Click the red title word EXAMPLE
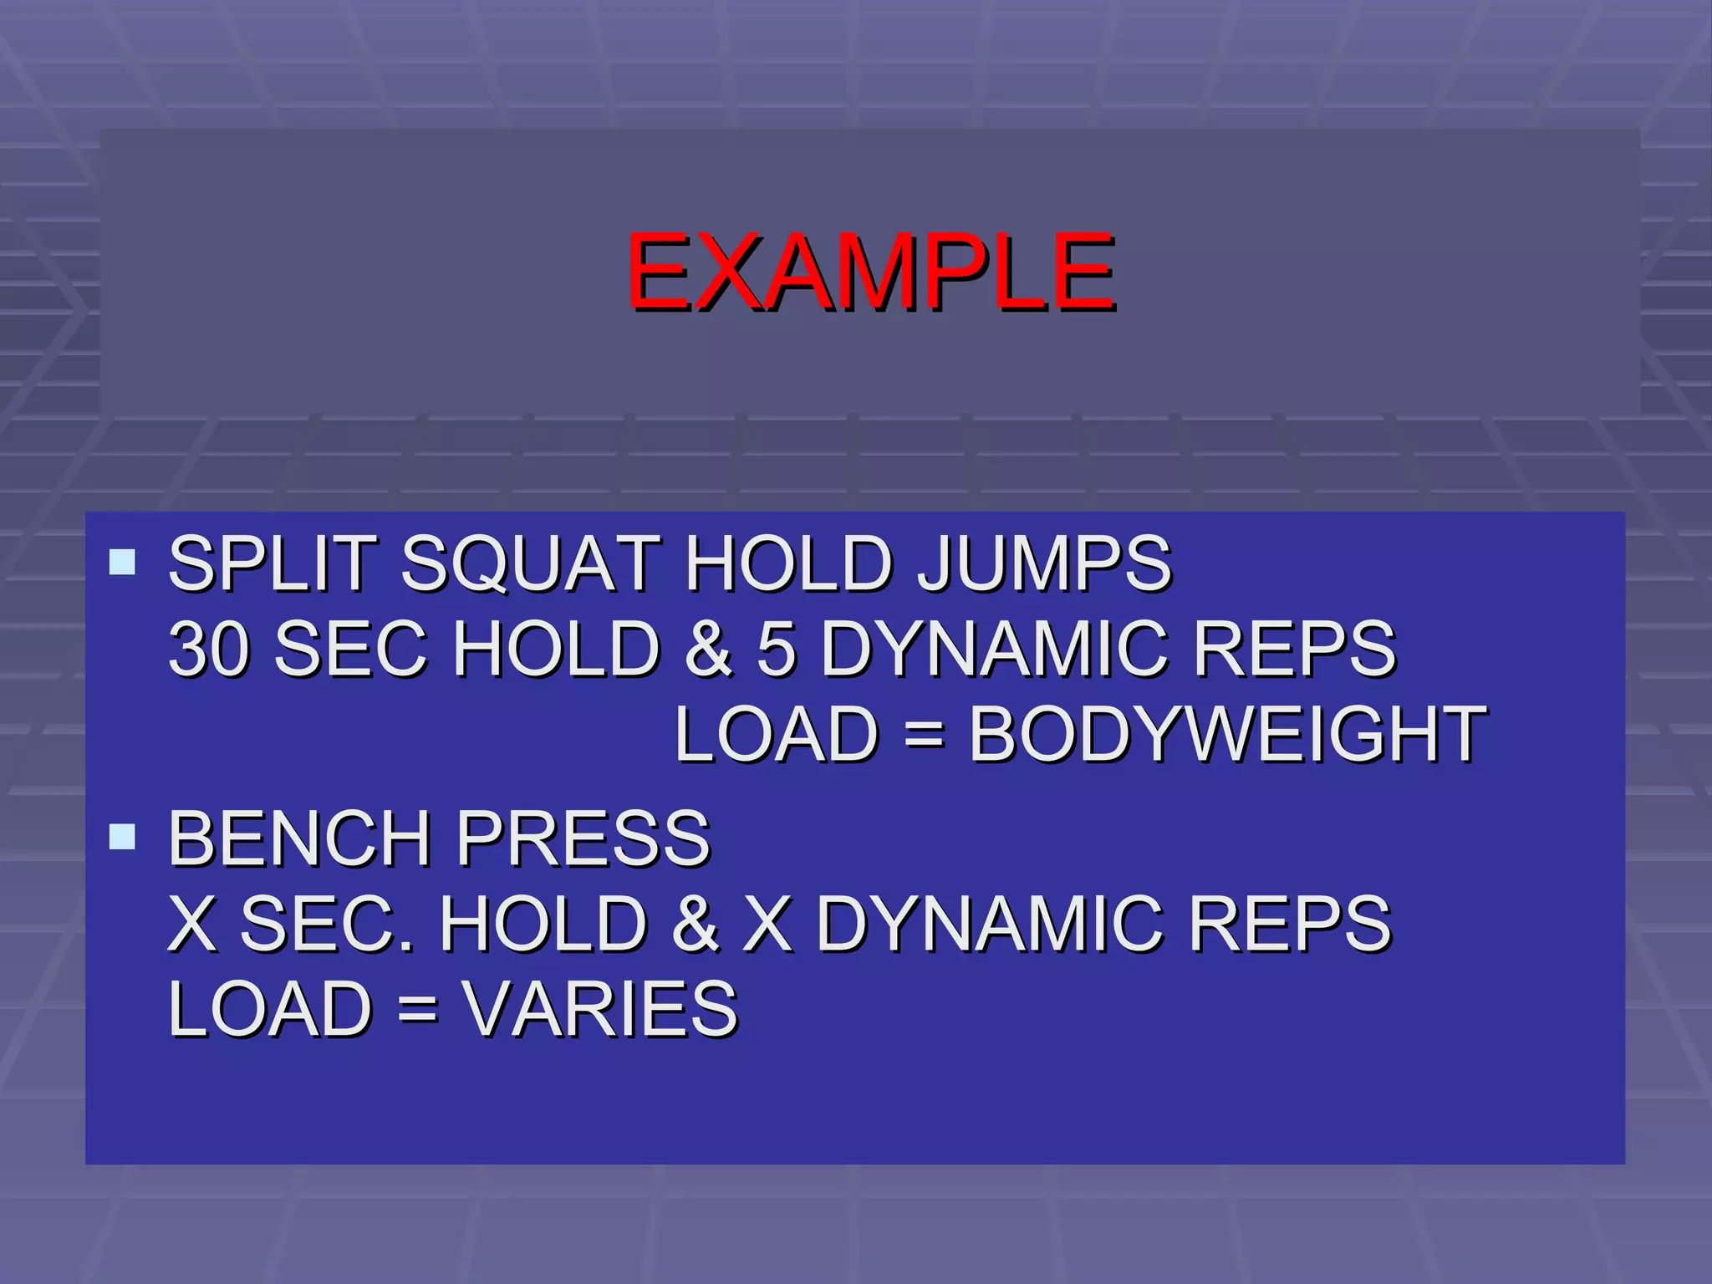click(x=870, y=273)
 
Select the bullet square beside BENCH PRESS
click(x=122, y=836)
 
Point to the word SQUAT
click(x=531, y=563)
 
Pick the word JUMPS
click(x=1044, y=563)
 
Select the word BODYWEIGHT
click(x=1227, y=735)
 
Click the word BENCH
click(x=299, y=838)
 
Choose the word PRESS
click(x=583, y=838)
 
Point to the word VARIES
click(x=600, y=1009)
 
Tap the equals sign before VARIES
click(x=417, y=1010)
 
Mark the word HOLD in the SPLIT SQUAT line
click(x=787, y=563)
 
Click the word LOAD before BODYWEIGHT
click(x=776, y=735)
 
